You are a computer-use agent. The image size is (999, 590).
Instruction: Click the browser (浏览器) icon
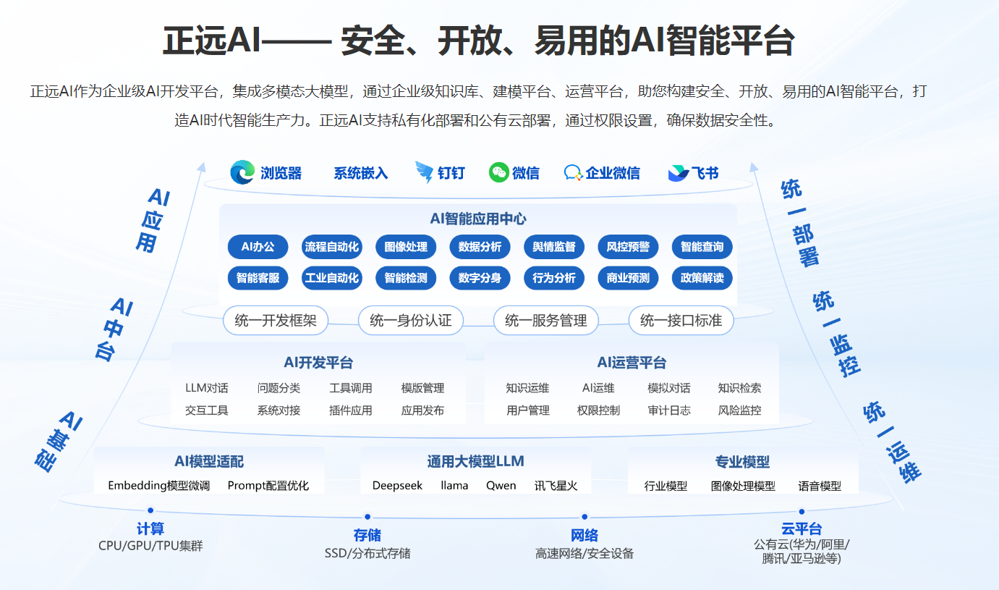[x=242, y=173]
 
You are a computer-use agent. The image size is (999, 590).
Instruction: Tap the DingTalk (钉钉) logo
[x=424, y=173]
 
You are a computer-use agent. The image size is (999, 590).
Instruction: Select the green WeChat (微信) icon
[x=499, y=172]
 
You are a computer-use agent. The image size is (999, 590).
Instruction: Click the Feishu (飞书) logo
[x=678, y=173]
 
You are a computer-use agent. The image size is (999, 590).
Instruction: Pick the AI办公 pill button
[x=258, y=247]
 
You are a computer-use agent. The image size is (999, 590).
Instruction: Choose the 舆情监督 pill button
[x=554, y=247]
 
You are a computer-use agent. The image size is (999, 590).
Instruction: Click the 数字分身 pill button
[x=480, y=278]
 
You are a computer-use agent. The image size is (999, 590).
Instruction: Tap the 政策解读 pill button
[x=702, y=278]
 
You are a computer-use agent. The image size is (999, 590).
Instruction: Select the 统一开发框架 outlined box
[x=276, y=320]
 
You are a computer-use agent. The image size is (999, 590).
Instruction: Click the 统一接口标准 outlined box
[x=681, y=320]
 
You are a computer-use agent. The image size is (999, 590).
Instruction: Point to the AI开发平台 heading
[x=318, y=363]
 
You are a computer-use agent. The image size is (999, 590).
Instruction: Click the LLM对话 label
[x=207, y=388]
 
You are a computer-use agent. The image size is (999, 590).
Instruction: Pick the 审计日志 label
[x=669, y=410]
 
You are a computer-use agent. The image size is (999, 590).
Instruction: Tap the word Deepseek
[x=397, y=486]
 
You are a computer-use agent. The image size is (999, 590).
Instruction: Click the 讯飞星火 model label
[x=556, y=486]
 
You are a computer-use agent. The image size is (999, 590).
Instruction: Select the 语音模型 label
[x=820, y=486]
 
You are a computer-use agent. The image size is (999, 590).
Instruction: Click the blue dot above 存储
[x=367, y=517]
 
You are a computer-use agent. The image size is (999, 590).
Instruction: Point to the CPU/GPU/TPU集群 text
[x=150, y=546]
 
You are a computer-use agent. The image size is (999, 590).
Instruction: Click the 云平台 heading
[x=801, y=529]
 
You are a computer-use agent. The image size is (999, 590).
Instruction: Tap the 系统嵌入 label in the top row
[x=360, y=173]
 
